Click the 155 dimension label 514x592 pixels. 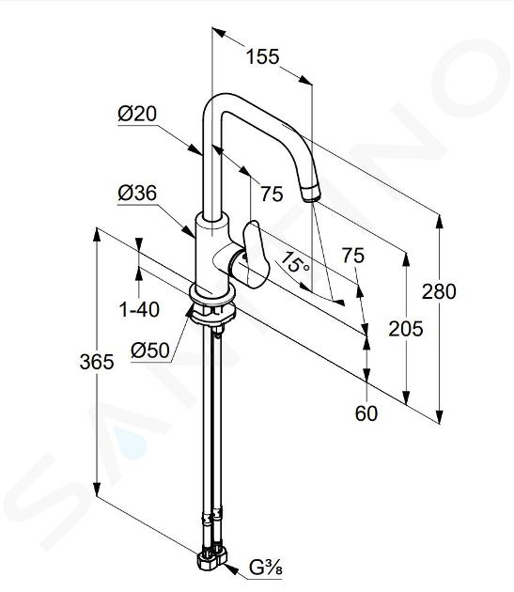263,57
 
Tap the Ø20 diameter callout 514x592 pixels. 137,114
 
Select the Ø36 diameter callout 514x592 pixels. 137,194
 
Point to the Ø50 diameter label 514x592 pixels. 150,351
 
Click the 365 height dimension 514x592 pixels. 97,362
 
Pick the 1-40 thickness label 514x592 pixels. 139,310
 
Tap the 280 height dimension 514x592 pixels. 439,292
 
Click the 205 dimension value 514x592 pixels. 406,329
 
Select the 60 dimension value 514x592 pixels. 366,413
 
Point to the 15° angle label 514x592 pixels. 295,262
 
